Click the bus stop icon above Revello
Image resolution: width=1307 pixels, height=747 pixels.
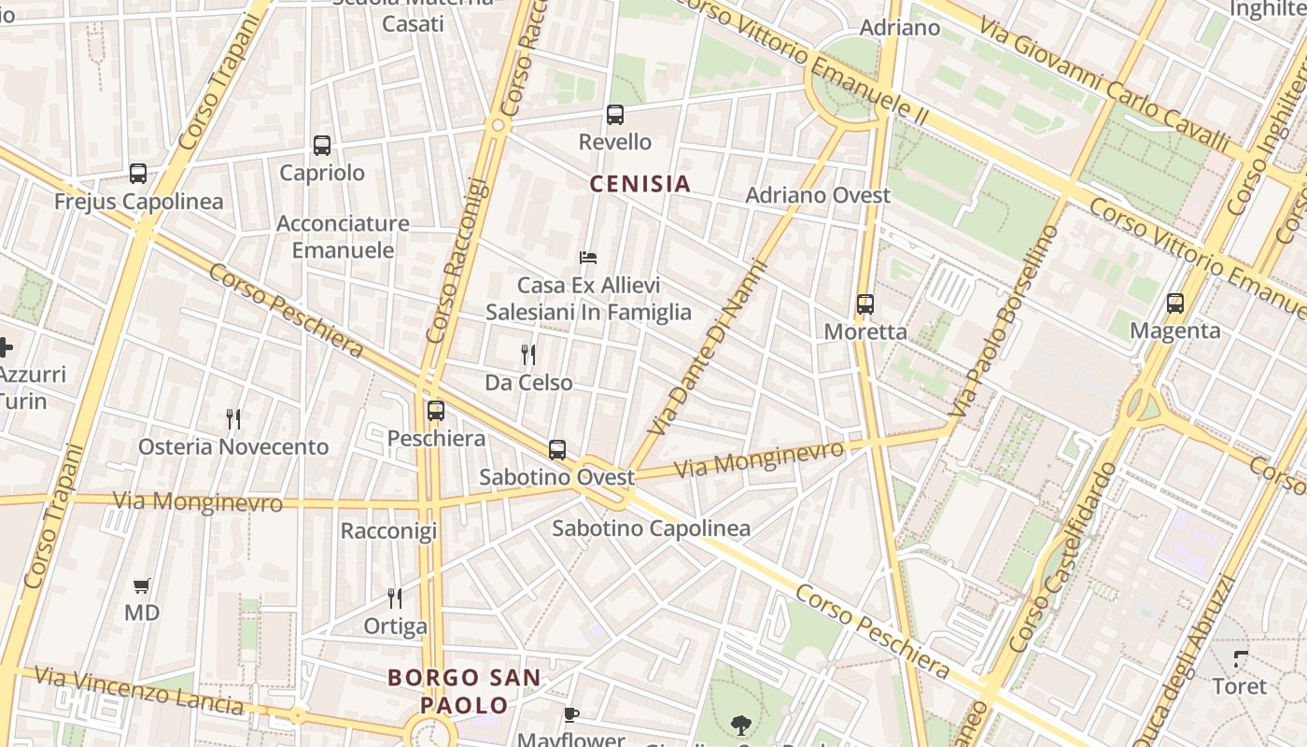(614, 115)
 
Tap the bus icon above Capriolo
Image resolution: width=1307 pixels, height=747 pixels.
(322, 146)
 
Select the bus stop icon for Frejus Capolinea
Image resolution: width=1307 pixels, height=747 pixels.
(138, 174)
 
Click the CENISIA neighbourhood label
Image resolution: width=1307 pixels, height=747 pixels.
(640, 184)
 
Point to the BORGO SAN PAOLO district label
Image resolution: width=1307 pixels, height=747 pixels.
(464, 691)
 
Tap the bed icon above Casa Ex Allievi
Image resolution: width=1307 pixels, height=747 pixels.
(587, 258)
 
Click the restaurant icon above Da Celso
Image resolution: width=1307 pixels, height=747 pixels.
(528, 355)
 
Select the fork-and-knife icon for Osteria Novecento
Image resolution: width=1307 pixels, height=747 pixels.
(233, 419)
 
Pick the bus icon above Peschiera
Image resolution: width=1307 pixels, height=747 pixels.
(435, 410)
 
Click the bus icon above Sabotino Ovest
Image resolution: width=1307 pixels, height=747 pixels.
(557, 449)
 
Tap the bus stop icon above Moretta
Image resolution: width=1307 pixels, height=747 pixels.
(865, 303)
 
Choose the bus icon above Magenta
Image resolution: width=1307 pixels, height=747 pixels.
(1174, 303)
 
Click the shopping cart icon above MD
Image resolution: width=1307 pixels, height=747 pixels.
(142, 586)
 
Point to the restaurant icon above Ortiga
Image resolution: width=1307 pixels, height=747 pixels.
(395, 598)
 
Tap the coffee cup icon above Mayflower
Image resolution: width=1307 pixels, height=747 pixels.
(571, 715)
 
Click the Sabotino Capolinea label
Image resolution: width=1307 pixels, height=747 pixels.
(651, 529)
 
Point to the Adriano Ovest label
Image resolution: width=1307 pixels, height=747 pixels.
(818, 195)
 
